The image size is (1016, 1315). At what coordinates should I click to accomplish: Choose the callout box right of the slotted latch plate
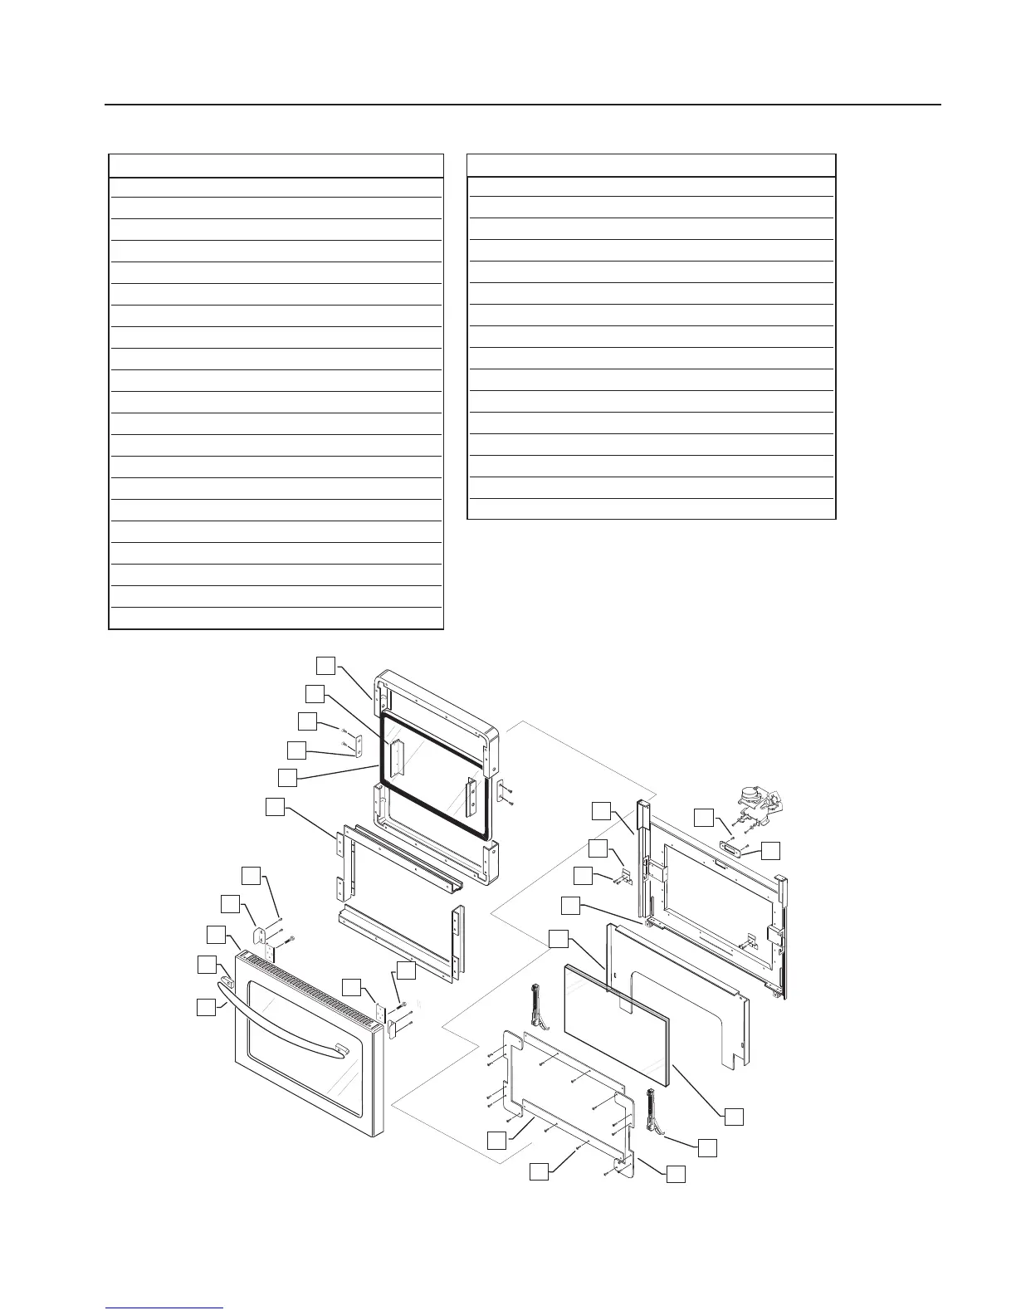pyautogui.click(x=771, y=850)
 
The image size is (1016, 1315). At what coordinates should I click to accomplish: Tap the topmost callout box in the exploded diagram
pyautogui.click(x=325, y=665)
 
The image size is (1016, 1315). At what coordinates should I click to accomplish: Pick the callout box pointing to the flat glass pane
pyautogui.click(x=733, y=1117)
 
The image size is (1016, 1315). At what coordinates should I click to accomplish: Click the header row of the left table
pyautogui.click(x=276, y=165)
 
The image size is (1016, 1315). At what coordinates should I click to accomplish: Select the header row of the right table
pyautogui.click(x=651, y=164)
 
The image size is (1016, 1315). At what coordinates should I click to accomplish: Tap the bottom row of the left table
pyautogui.click(x=276, y=618)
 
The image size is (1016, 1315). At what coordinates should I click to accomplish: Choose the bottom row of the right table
pyautogui.click(x=651, y=509)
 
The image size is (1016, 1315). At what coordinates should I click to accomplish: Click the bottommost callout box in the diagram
pyautogui.click(x=540, y=1171)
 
